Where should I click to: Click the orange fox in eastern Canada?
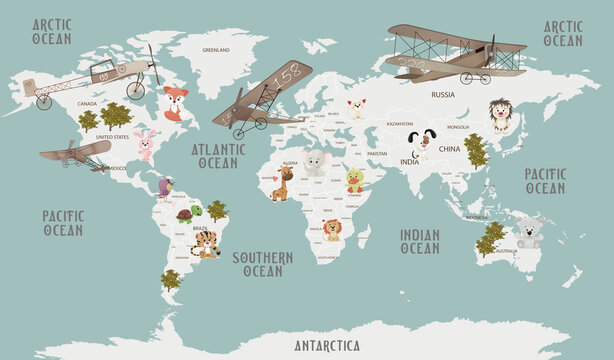pos(176,103)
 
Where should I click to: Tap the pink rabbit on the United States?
pos(146,146)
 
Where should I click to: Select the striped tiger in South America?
pos(206,244)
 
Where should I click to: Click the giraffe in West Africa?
pos(282,183)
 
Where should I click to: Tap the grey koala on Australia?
pos(529,231)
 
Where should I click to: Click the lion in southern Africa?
pos(332,230)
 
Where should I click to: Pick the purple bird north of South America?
pos(165,187)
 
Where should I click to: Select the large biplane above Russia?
pos(456,53)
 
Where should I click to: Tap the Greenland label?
pos(216,49)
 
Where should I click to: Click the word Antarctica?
pos(327,346)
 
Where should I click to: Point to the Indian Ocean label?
pos(420,241)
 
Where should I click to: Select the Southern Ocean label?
pos(263,264)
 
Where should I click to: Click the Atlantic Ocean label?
pos(217,156)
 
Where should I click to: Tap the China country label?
pos(449,149)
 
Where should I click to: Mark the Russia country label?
pos(442,94)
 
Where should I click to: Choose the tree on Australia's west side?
pos(490,238)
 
